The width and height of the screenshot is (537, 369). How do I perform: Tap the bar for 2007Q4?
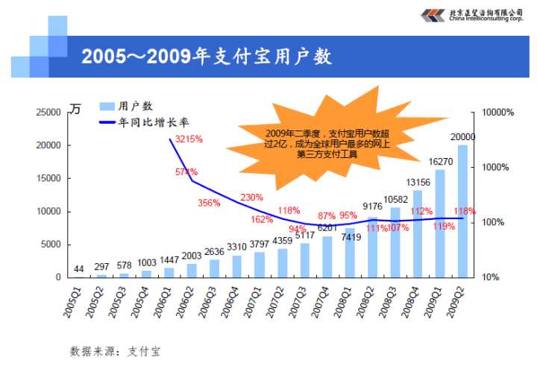point(327,256)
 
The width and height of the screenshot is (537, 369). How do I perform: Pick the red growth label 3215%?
point(189,139)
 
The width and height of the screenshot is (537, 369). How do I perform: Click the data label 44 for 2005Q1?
point(79,268)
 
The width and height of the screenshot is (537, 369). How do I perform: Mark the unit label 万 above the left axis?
point(75,110)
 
